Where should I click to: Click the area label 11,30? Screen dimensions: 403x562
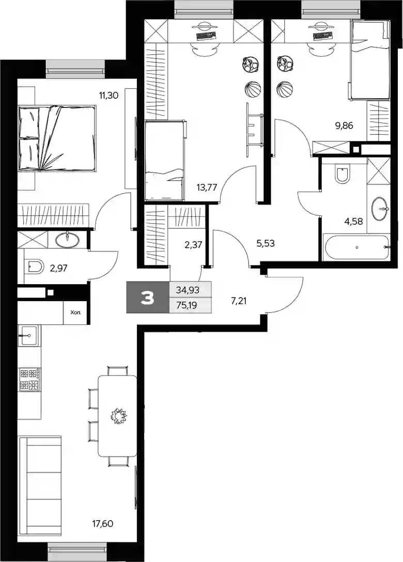coord(109,96)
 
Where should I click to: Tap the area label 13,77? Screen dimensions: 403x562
coord(207,187)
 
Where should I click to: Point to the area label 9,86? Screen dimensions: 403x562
coord(344,126)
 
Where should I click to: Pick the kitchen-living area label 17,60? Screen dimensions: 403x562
coord(103,524)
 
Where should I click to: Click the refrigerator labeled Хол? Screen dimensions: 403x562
coord(75,313)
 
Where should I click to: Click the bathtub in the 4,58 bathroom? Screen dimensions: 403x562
coord(356,247)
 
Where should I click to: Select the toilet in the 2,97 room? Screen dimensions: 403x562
coord(35,267)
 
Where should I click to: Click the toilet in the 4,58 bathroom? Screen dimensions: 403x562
coord(343,175)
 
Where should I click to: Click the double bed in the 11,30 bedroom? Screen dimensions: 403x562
coord(57,137)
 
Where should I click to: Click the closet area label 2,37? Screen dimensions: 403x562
coord(193,245)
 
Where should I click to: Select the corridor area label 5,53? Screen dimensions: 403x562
coord(266,243)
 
